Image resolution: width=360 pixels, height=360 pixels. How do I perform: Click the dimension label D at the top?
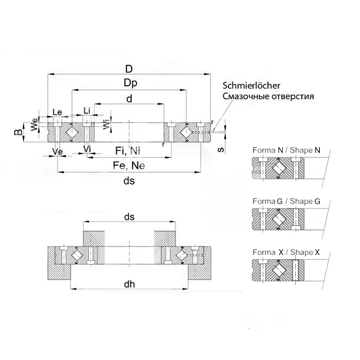click(129, 69)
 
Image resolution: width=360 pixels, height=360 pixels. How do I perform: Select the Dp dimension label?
click(130, 83)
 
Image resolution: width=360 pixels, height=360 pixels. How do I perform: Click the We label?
click(34, 124)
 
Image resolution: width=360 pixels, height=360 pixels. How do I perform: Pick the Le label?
click(57, 112)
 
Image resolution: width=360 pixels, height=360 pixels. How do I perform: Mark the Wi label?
click(106, 124)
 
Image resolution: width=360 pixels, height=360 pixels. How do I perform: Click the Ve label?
click(58, 152)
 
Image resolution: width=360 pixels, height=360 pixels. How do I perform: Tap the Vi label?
click(87, 149)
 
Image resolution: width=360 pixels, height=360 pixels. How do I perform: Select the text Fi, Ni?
click(127, 151)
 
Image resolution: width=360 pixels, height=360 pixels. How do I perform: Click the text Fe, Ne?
click(129, 165)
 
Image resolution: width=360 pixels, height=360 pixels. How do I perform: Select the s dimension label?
click(220, 150)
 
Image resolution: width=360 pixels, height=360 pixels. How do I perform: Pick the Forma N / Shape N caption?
click(286, 150)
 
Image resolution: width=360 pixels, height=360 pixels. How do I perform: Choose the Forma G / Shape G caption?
click(286, 201)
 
